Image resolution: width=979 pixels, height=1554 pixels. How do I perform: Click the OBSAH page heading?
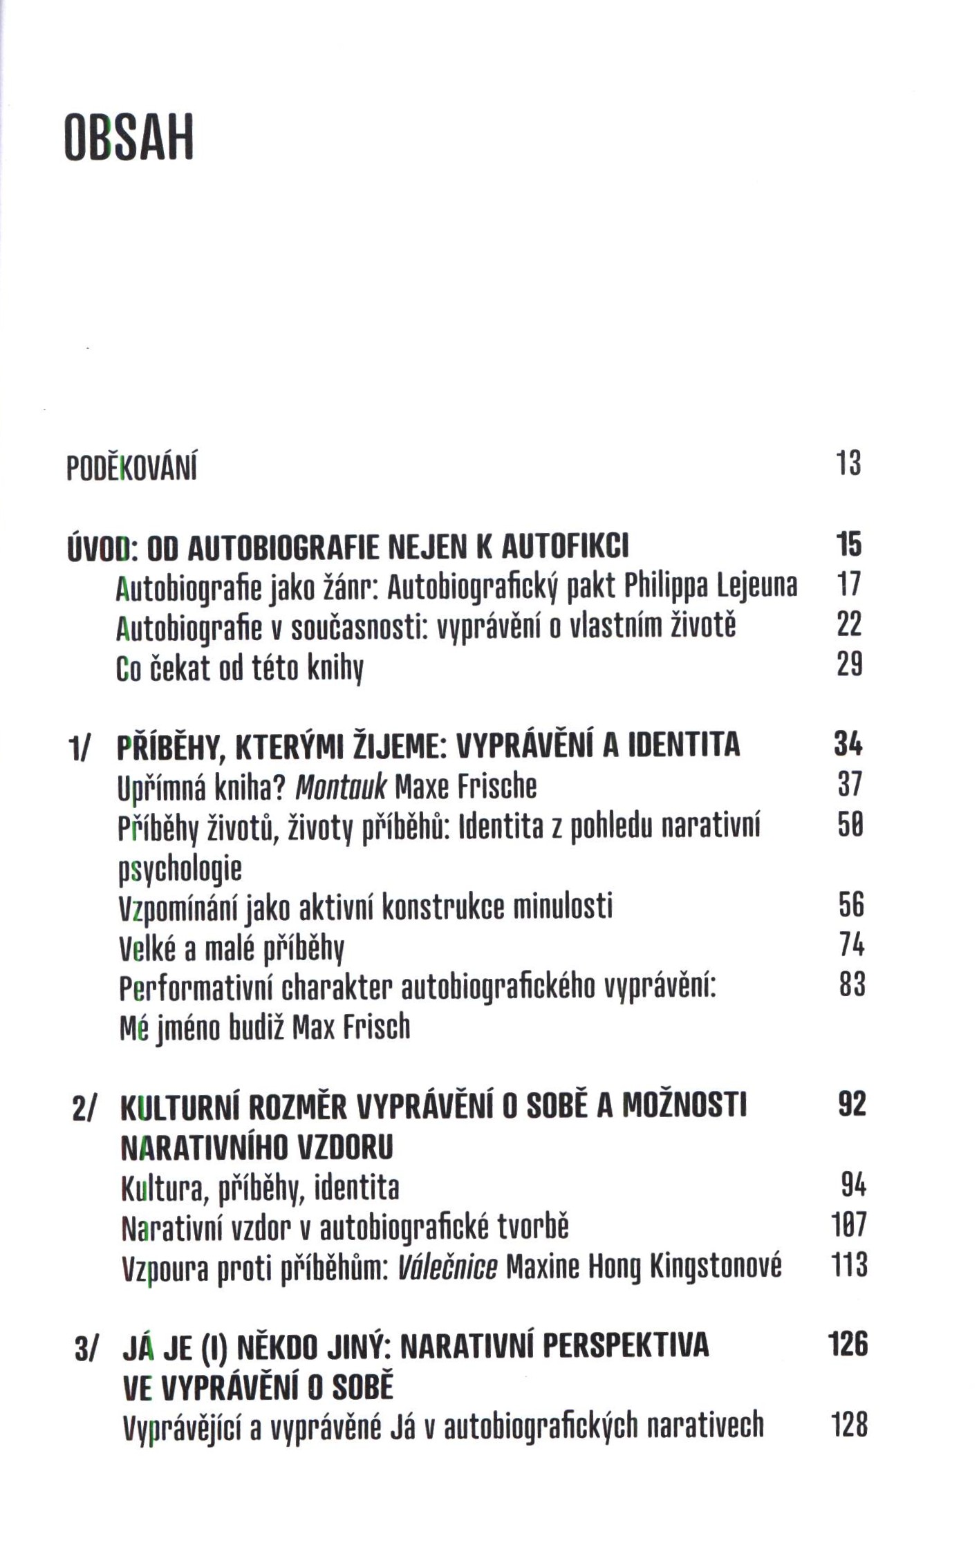click(129, 137)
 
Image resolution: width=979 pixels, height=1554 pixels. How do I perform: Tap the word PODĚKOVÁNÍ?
click(131, 468)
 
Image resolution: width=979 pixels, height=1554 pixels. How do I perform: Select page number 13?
click(849, 462)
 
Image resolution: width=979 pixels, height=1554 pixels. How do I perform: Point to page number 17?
click(849, 585)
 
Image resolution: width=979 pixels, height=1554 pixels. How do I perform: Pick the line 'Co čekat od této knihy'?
click(240, 669)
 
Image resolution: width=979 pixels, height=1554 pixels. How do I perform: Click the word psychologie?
click(180, 869)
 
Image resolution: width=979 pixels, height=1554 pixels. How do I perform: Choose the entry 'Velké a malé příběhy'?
click(232, 949)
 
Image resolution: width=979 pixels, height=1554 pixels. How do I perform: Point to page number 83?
click(852, 984)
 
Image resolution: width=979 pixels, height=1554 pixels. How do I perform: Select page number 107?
click(849, 1225)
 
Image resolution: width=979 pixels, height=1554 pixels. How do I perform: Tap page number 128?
click(849, 1425)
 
